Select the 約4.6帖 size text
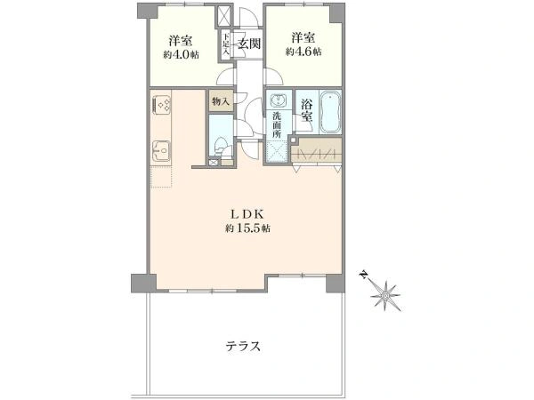(303, 52)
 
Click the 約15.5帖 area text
(248, 228)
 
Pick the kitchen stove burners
(165, 106)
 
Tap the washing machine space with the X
(279, 153)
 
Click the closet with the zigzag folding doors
(318, 152)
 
